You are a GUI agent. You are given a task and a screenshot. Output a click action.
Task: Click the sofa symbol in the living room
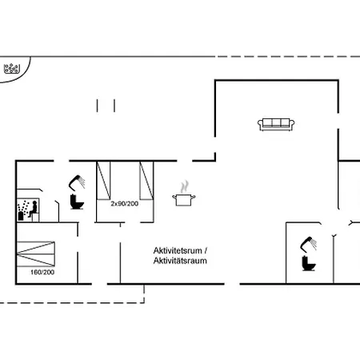click(x=276, y=125)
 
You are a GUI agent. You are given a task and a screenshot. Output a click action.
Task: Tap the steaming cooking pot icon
click(x=184, y=194)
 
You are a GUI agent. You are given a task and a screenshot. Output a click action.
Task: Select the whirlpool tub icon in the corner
click(x=12, y=69)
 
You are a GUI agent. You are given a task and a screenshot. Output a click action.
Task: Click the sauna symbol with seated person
click(x=28, y=210)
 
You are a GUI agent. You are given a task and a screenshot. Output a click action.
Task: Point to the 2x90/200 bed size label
click(x=125, y=204)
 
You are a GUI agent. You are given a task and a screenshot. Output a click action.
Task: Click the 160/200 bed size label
click(x=42, y=272)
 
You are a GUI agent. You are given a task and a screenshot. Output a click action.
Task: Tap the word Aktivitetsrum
click(x=178, y=250)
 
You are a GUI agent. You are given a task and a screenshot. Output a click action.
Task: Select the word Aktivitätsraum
click(x=180, y=261)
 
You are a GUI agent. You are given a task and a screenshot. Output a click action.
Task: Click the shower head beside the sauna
click(x=77, y=182)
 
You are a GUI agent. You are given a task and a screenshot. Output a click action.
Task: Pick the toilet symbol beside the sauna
click(x=77, y=202)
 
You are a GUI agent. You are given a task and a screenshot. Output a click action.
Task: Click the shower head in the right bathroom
click(x=309, y=244)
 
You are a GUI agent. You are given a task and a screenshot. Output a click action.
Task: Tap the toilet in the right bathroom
click(x=309, y=263)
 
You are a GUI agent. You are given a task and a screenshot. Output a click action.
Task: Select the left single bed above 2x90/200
click(x=103, y=181)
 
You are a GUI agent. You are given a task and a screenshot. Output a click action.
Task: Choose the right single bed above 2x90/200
click(x=146, y=181)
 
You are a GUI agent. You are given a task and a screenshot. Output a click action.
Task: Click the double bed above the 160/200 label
click(x=36, y=254)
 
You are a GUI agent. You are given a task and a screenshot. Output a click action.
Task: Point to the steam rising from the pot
click(x=184, y=186)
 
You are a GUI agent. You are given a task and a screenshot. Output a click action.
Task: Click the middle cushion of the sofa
click(x=276, y=122)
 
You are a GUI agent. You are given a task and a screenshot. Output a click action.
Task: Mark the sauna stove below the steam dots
click(x=21, y=215)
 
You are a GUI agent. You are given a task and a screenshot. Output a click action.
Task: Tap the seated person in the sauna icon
click(x=33, y=209)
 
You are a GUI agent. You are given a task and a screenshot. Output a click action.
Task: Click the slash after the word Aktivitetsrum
click(x=206, y=250)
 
